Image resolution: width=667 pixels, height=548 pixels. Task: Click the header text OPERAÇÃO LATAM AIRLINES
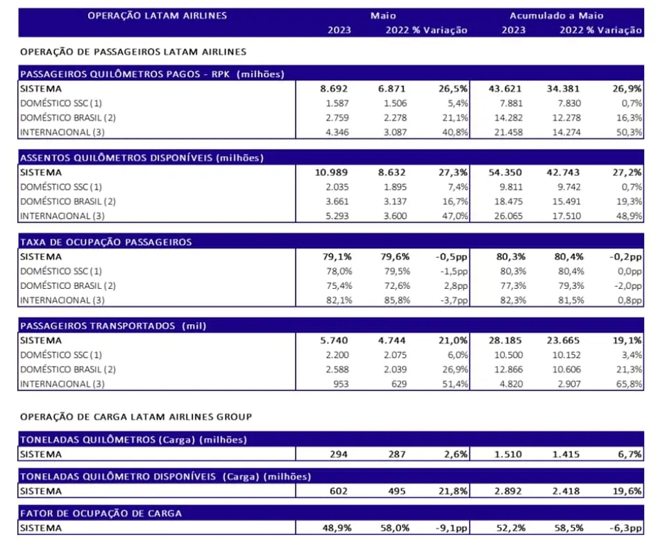point(157,16)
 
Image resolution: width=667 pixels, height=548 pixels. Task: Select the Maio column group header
point(383,16)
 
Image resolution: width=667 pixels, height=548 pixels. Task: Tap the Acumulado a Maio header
point(557,16)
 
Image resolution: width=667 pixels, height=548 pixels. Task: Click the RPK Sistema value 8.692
point(334,89)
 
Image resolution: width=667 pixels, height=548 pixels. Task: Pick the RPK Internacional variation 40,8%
point(455,132)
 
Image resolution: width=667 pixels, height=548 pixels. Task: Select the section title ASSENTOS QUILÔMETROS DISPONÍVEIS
point(116,158)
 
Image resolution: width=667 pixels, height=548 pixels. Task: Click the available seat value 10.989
point(331,172)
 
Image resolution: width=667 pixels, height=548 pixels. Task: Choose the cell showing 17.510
point(566,216)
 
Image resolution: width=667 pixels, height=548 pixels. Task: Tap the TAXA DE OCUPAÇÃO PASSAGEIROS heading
point(106,242)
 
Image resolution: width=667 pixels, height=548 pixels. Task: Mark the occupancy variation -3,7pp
point(454,300)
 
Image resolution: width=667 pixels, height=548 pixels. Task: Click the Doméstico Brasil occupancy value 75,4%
point(339,285)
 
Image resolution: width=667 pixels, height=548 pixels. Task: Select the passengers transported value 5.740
point(334,340)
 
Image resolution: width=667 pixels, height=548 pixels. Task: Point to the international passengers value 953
point(341,384)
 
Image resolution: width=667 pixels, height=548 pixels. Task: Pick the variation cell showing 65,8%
point(629,384)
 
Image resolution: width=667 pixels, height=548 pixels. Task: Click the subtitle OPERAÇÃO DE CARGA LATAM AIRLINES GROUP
point(136,417)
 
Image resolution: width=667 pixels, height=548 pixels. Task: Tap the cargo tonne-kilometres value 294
point(339,454)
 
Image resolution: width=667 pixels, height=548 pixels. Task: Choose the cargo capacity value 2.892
point(508,491)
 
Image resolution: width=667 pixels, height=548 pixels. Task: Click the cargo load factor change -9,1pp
point(452,528)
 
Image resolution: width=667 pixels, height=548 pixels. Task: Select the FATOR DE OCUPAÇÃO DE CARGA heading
point(101,513)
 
